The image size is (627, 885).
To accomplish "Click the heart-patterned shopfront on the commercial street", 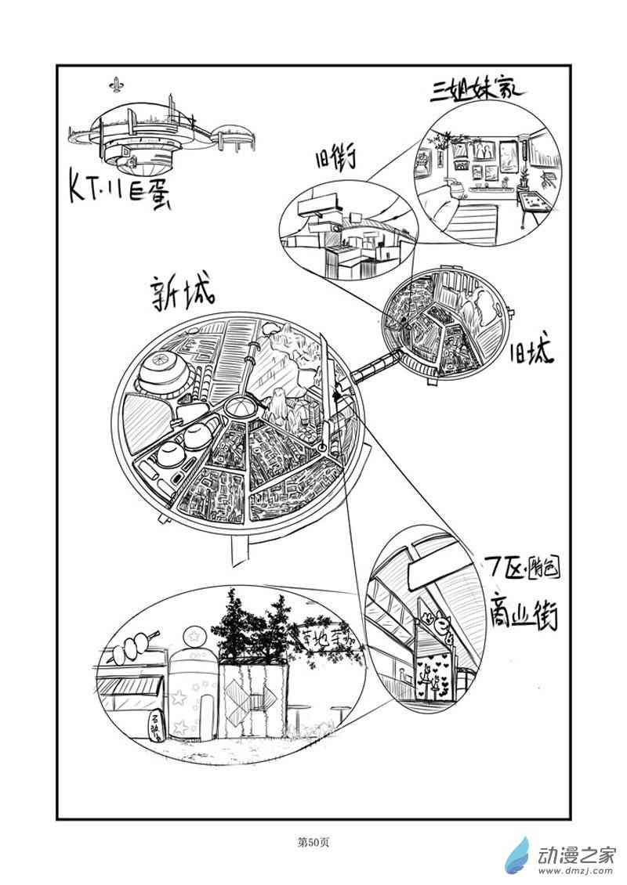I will coord(432,672).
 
